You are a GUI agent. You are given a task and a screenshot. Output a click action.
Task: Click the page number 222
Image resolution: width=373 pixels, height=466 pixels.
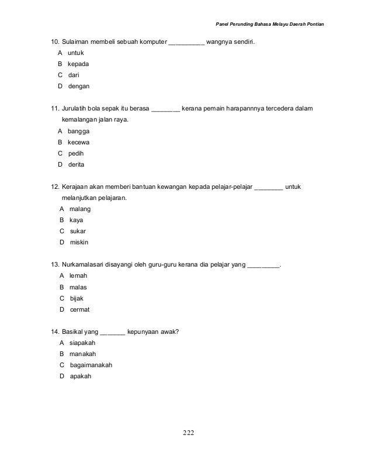coord(187,433)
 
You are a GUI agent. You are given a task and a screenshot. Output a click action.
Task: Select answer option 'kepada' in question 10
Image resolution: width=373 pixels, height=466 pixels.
coord(78,64)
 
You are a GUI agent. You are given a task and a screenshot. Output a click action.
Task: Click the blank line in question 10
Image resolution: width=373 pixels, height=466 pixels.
coord(186,43)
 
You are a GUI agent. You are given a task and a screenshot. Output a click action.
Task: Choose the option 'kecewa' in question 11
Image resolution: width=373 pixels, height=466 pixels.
coord(79,142)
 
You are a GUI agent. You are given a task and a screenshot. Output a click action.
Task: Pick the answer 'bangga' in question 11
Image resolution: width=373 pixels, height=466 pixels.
coord(79,131)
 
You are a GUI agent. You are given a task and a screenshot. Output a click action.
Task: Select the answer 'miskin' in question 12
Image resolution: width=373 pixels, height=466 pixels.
coord(79,242)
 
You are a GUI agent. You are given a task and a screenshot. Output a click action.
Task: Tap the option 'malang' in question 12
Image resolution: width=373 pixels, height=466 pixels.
coord(80,209)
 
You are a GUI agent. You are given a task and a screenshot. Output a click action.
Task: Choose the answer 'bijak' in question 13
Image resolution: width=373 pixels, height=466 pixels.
coord(77,298)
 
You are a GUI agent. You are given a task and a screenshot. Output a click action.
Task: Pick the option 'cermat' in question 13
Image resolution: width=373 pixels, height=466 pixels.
coord(80,309)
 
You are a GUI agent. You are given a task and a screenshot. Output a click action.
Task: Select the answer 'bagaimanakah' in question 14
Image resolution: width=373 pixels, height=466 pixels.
coord(91,365)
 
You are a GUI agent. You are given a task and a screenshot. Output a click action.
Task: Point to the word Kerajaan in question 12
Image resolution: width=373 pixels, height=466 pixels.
coord(76,187)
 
